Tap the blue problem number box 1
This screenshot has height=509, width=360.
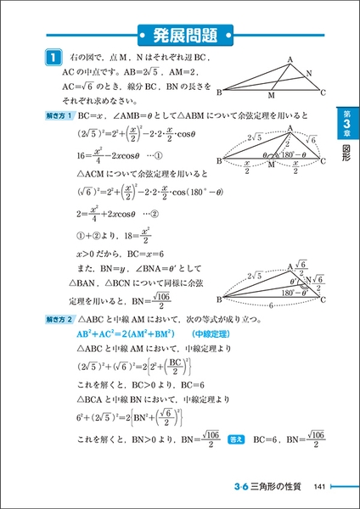click(51, 58)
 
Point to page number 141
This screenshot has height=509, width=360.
click(318, 485)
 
